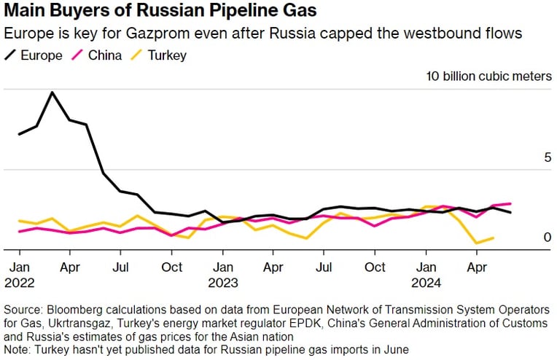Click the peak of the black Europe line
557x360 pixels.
click(x=52, y=93)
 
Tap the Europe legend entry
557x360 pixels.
click(x=34, y=55)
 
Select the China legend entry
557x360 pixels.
click(x=97, y=55)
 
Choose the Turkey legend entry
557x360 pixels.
click(x=158, y=55)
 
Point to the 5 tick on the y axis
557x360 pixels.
click(x=548, y=157)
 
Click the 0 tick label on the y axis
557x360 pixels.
click(x=548, y=237)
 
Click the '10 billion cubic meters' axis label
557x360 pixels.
click(x=489, y=77)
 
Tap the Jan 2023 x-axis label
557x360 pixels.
click(x=223, y=275)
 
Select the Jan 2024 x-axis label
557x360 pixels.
click(x=426, y=275)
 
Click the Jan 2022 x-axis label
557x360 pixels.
click(x=20, y=275)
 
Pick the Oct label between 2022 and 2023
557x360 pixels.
click(x=171, y=267)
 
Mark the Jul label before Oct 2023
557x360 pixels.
click(x=324, y=267)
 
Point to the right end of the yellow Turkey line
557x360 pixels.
click(x=493, y=238)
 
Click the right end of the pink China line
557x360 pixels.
click(x=510, y=203)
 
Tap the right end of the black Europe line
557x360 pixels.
click(x=510, y=212)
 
